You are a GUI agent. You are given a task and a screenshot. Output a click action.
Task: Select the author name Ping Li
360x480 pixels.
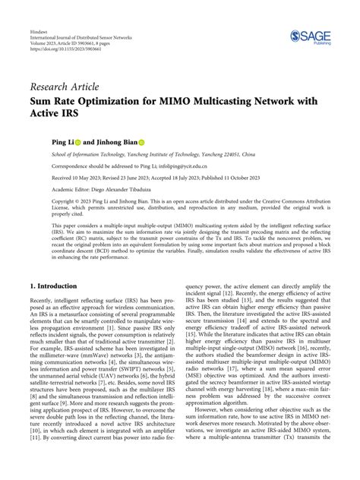[x=42, y=141]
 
